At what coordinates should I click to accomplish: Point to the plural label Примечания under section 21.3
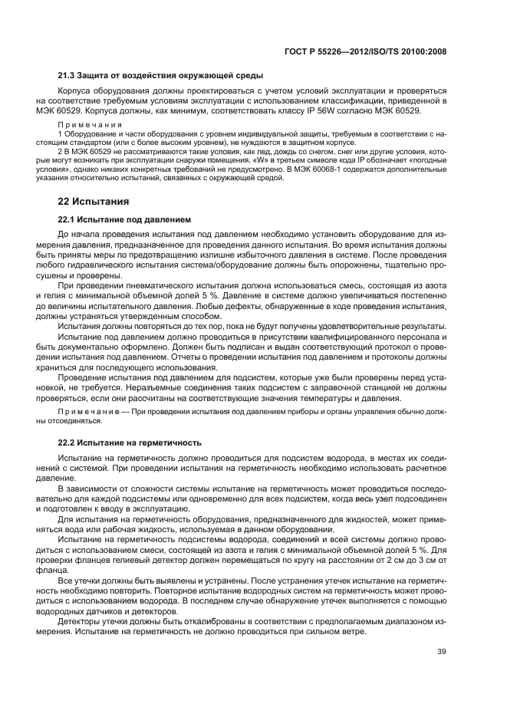[x=91, y=124]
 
